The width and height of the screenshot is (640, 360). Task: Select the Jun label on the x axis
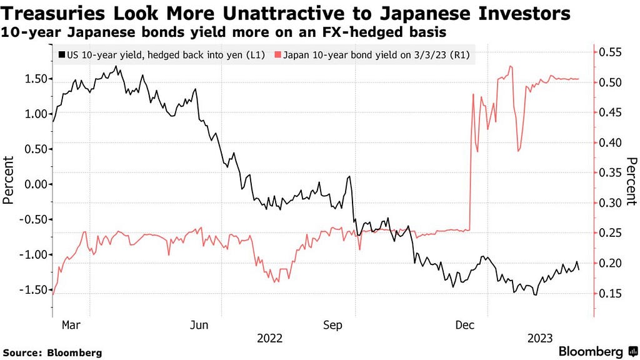pyautogui.click(x=199, y=325)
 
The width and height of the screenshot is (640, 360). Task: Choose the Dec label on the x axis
pyautogui.click(x=464, y=325)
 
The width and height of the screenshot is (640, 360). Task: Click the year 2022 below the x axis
pyautogui.click(x=270, y=338)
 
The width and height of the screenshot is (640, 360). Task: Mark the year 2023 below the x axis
pyautogui.click(x=539, y=338)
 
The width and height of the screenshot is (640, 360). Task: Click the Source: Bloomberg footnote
pyautogui.click(x=52, y=352)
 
